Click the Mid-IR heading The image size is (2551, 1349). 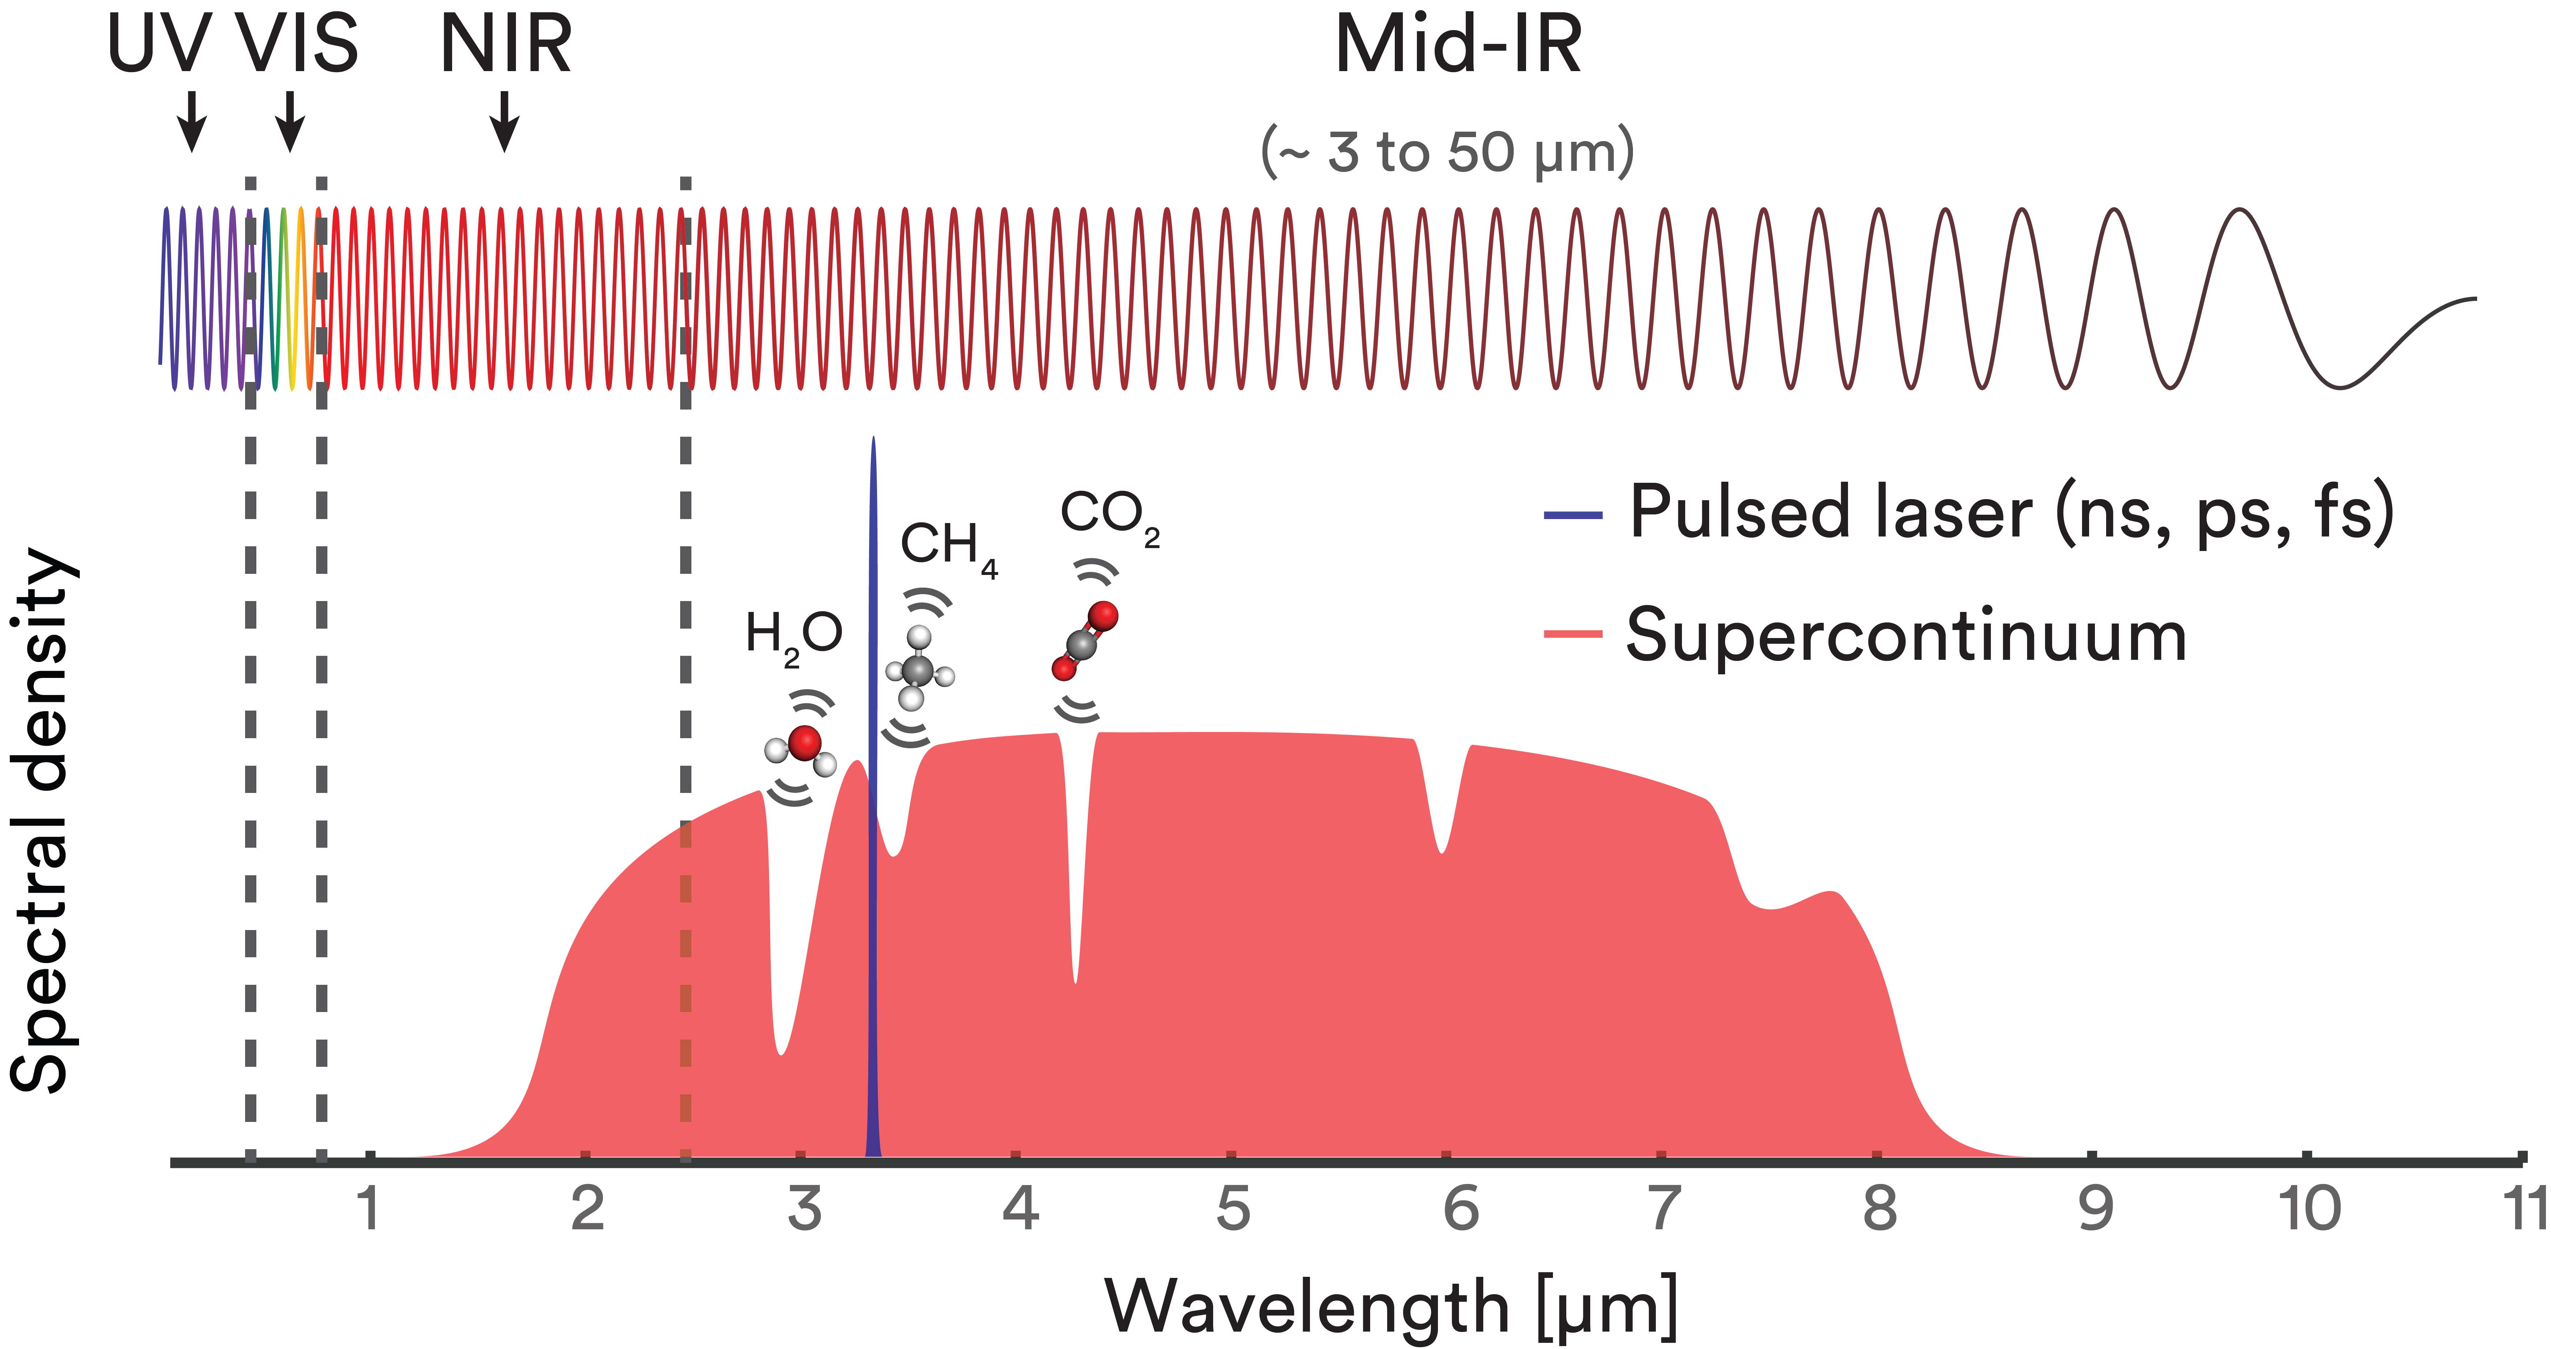[1458, 46]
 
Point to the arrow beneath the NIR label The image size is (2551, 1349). [505, 121]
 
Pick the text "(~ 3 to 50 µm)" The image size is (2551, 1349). [1447, 153]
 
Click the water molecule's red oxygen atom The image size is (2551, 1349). [805, 742]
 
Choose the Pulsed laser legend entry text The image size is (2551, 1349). [2010, 513]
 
